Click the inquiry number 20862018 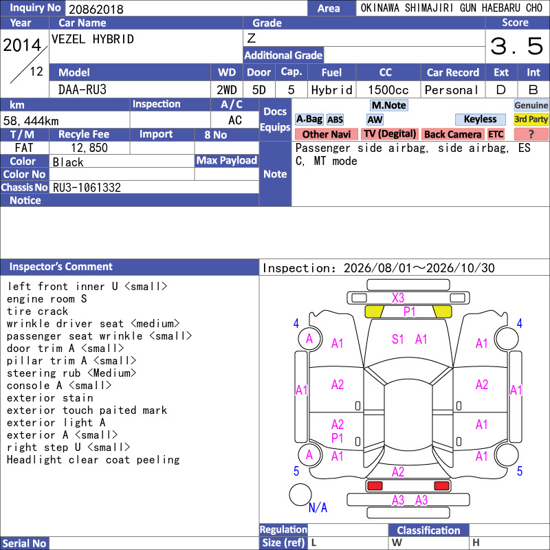pyautogui.click(x=96, y=9)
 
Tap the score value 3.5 pyautogui.click(x=517, y=46)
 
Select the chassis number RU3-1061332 pyautogui.click(x=87, y=188)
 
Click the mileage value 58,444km pyautogui.click(x=31, y=121)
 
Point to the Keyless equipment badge pyautogui.click(x=480, y=119)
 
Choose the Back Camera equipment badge pyautogui.click(x=452, y=134)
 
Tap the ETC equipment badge pyautogui.click(x=496, y=134)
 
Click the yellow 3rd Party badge pyautogui.click(x=531, y=119)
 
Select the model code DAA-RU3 pyautogui.click(x=82, y=90)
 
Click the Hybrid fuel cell pyautogui.click(x=331, y=90)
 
